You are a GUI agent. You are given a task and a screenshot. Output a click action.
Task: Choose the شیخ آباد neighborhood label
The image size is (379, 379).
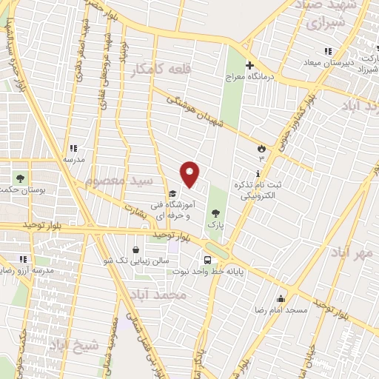74,345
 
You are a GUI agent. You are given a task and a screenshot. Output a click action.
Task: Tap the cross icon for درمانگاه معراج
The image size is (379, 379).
249,65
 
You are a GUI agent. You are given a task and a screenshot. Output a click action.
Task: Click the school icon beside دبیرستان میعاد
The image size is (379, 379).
328,51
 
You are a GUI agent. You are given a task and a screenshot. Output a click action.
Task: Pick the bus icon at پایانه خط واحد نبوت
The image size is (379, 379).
207,260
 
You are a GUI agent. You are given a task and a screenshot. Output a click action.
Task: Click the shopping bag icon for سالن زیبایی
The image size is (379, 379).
135,249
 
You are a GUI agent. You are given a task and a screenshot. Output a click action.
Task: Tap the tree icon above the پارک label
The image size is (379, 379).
215,212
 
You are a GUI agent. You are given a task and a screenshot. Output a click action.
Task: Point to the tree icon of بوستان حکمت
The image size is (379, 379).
20,178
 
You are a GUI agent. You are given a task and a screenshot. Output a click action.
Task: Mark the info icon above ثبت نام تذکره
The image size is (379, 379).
258,174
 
